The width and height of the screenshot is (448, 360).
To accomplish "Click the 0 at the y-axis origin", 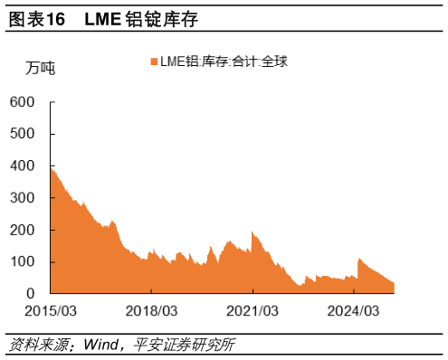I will coord(29,294).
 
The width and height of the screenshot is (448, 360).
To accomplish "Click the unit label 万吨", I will coord(40,68).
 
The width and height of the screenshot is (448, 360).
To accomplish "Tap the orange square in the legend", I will coord(153,62).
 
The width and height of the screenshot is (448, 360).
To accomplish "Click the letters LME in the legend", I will coord(172,62).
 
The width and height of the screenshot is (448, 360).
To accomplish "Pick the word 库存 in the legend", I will coord(214,62).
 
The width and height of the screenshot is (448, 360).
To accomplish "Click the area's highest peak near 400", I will coord(52,168).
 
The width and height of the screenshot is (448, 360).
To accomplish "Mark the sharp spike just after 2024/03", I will coord(359,259).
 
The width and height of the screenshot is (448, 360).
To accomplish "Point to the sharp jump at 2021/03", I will coord(253,233).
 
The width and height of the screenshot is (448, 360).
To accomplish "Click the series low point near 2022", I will coord(299,286).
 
